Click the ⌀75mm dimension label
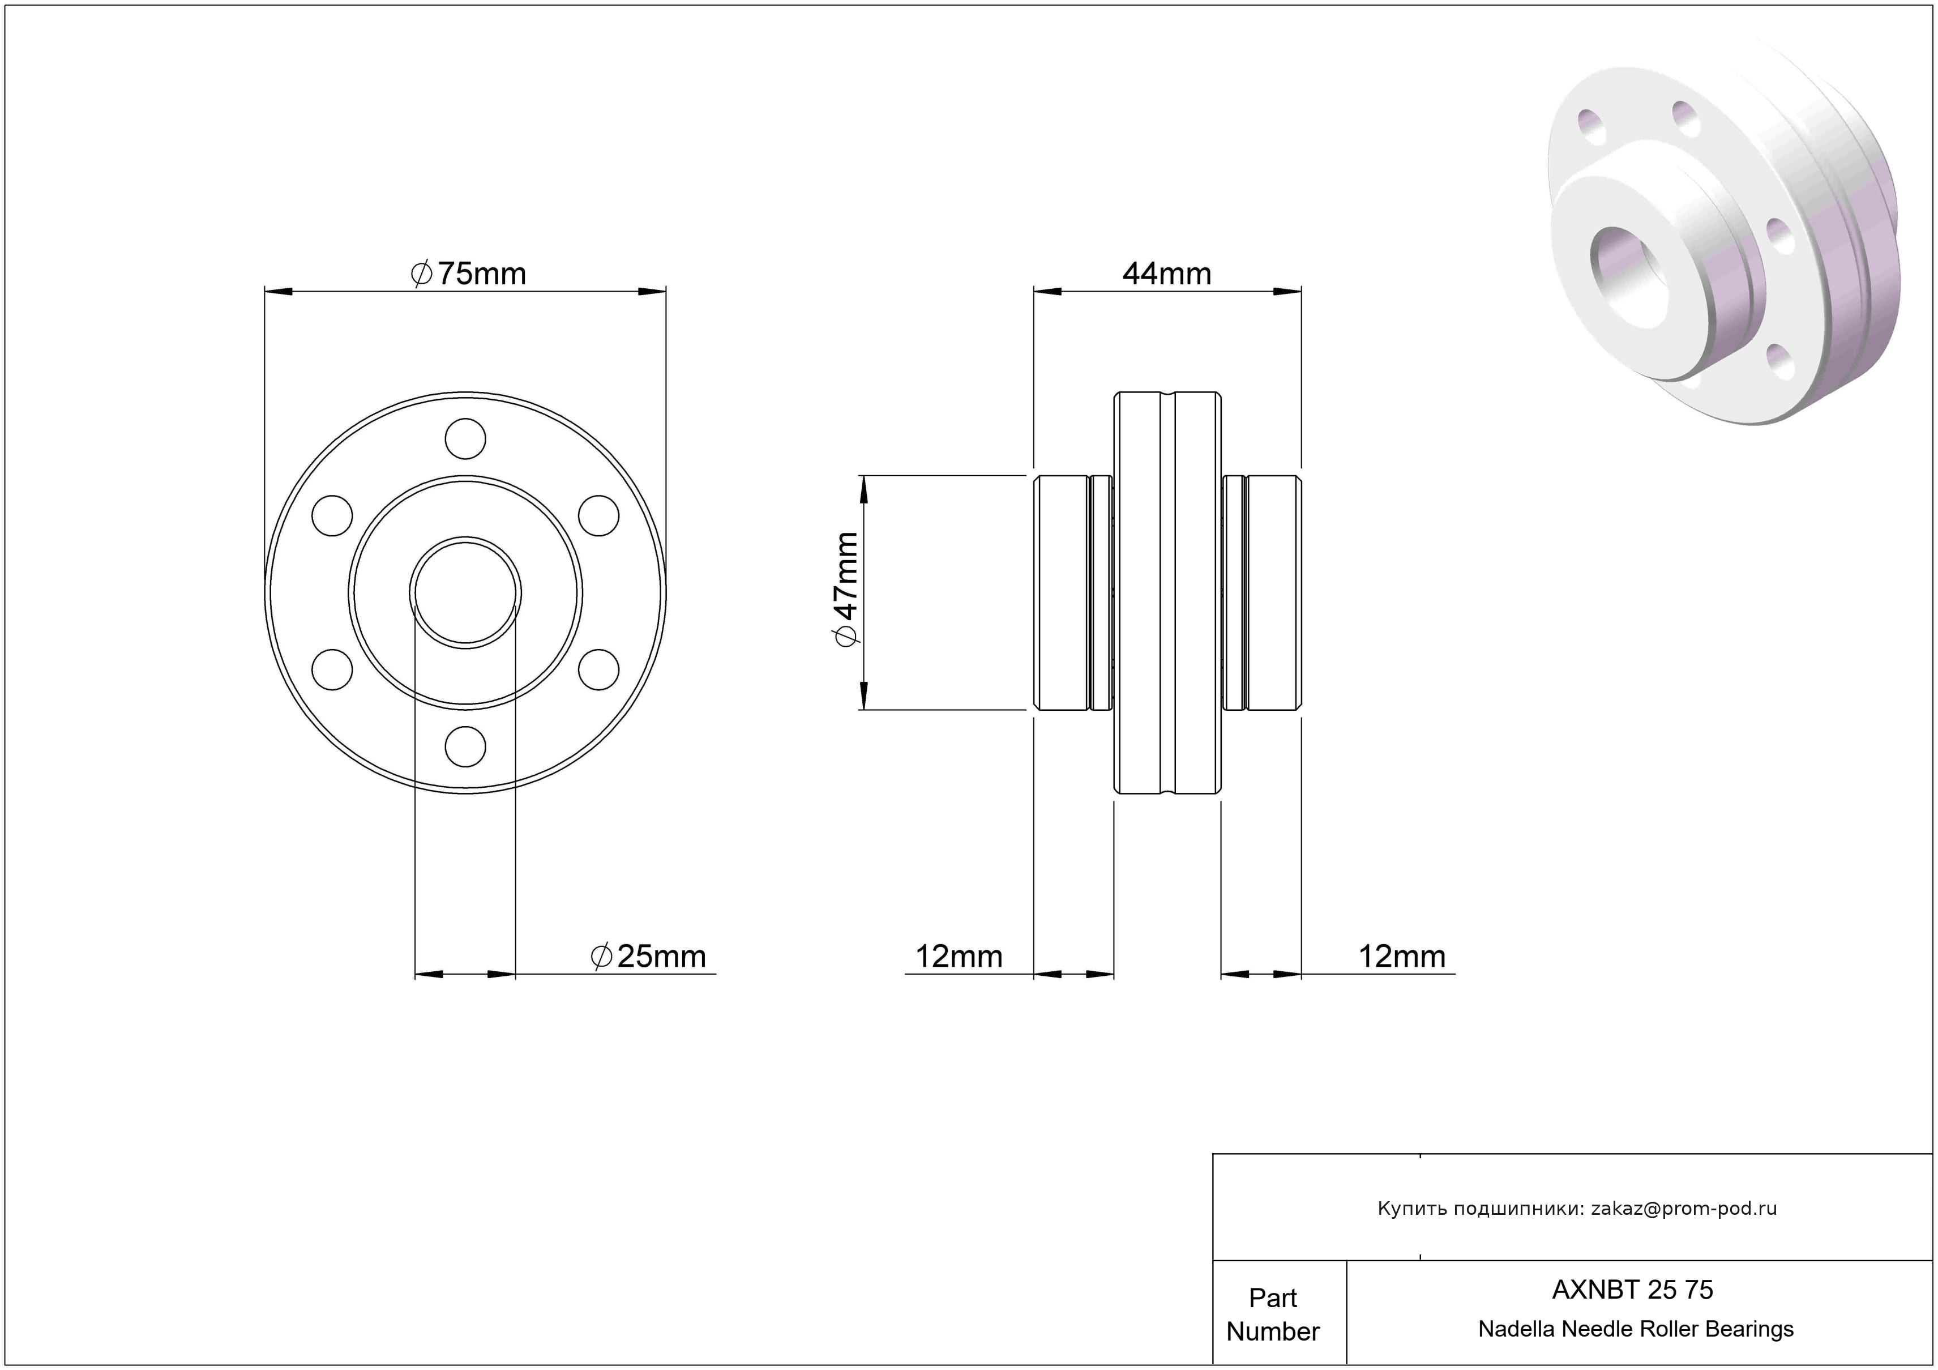click(x=468, y=274)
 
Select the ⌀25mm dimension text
click(x=648, y=957)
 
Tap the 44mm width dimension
click(x=1166, y=274)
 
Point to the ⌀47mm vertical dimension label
click(x=846, y=589)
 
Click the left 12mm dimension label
click(x=959, y=957)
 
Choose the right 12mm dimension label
click(x=1402, y=957)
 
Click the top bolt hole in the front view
click(x=465, y=439)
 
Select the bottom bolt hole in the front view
click(x=465, y=746)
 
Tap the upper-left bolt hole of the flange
click(x=332, y=516)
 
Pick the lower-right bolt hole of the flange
click(x=598, y=669)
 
